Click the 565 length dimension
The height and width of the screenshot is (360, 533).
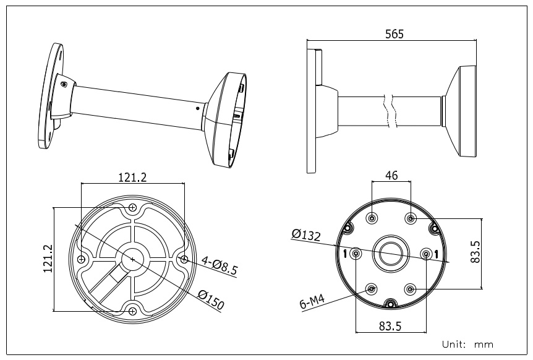point(394,34)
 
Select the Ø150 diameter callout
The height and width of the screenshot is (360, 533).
point(211,299)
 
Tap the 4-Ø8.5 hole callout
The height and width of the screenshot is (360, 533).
point(220,265)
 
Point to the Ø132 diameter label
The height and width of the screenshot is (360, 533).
point(306,234)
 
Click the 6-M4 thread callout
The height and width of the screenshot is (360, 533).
point(312,301)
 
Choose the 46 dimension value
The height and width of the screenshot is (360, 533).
point(391,176)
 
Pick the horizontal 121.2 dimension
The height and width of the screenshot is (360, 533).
point(132,177)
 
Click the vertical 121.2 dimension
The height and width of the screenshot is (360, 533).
point(48,259)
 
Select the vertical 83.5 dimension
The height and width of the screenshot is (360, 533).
point(475,252)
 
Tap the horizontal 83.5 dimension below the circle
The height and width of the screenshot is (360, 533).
point(390,327)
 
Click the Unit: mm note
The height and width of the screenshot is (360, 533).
point(467,345)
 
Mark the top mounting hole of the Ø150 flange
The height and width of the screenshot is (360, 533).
point(132,207)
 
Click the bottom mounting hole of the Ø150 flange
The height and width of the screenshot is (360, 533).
point(132,311)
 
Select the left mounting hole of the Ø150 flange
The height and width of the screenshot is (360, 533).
point(81,259)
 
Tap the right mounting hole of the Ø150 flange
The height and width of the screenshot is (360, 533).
point(184,259)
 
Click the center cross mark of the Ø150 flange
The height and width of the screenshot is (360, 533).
point(132,259)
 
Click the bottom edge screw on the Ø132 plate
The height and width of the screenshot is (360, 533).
point(391,303)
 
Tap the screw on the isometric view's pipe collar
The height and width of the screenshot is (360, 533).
point(64,84)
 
